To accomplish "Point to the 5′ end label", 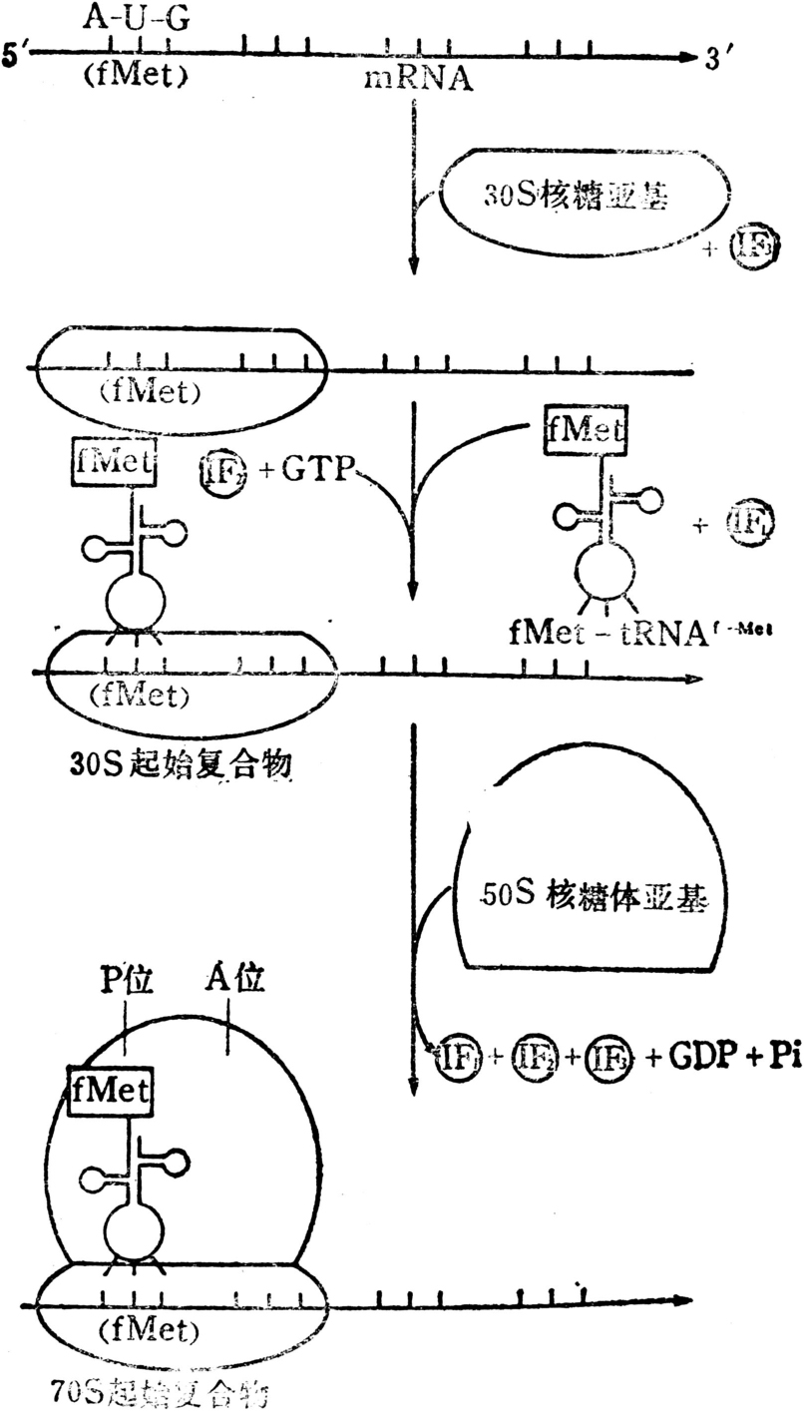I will pos(18,58).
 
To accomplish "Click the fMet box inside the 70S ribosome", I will pos(111,1090).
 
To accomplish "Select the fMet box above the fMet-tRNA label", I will pos(587,431).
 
